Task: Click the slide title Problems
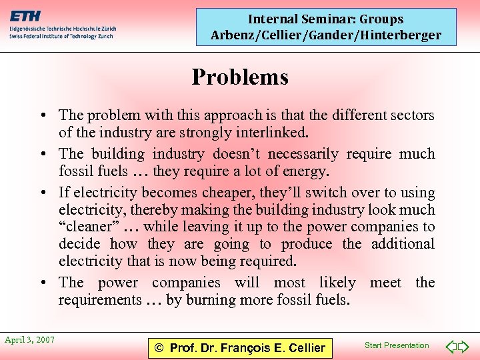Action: click(x=240, y=77)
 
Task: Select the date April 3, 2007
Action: click(x=29, y=340)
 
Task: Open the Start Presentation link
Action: click(x=397, y=345)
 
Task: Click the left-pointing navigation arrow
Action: click(x=451, y=346)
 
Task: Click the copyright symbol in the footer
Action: click(x=159, y=347)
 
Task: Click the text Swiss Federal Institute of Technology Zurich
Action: click(x=61, y=37)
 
